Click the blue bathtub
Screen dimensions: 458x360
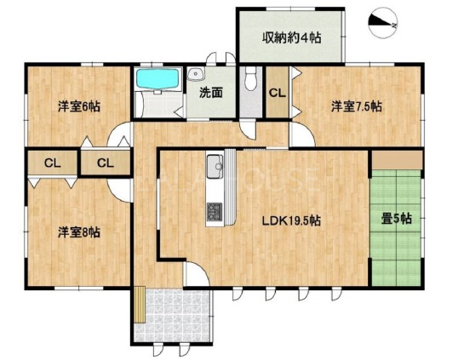(x=158, y=79)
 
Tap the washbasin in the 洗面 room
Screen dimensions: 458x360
(x=196, y=74)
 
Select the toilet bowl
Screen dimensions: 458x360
(x=250, y=78)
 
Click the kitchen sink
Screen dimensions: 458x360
(x=215, y=167)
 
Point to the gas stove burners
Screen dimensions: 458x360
(x=215, y=212)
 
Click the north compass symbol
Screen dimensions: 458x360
(x=382, y=23)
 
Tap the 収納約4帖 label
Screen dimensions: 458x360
(x=292, y=37)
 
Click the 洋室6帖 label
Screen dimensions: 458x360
(x=79, y=106)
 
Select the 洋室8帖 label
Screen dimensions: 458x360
(x=79, y=232)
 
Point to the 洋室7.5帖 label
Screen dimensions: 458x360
(x=357, y=106)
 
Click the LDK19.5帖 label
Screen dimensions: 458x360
(x=291, y=220)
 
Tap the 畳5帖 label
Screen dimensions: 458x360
(x=397, y=219)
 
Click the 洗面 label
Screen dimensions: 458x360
(x=211, y=93)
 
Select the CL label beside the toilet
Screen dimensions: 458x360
(x=278, y=93)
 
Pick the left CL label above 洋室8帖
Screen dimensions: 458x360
(x=53, y=163)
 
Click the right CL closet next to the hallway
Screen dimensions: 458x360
(x=106, y=163)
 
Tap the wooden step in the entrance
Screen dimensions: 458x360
(x=140, y=305)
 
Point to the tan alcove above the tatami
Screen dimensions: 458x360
(x=397, y=160)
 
